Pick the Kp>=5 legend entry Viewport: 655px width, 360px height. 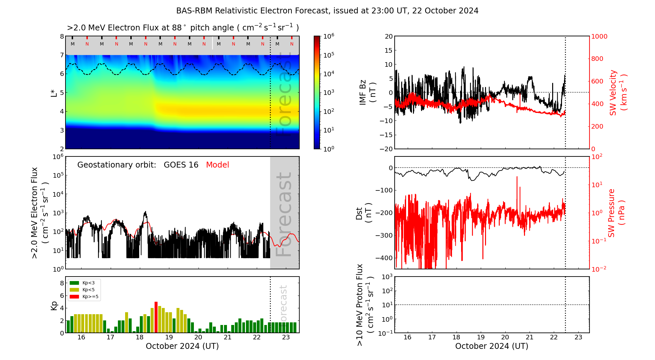[x=84, y=297]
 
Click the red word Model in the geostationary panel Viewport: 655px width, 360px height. [x=217, y=165]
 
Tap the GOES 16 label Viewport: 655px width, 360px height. [x=181, y=165]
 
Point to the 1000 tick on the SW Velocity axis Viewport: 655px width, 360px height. [x=599, y=36]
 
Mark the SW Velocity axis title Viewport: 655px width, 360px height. [x=618, y=93]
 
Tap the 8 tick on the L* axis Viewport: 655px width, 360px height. [x=62, y=36]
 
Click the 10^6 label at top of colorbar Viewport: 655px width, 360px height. [x=328, y=36]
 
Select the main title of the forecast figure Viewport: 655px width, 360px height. [x=327, y=11]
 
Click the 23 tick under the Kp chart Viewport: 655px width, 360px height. [x=286, y=337]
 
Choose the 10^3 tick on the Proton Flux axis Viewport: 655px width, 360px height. [x=387, y=277]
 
